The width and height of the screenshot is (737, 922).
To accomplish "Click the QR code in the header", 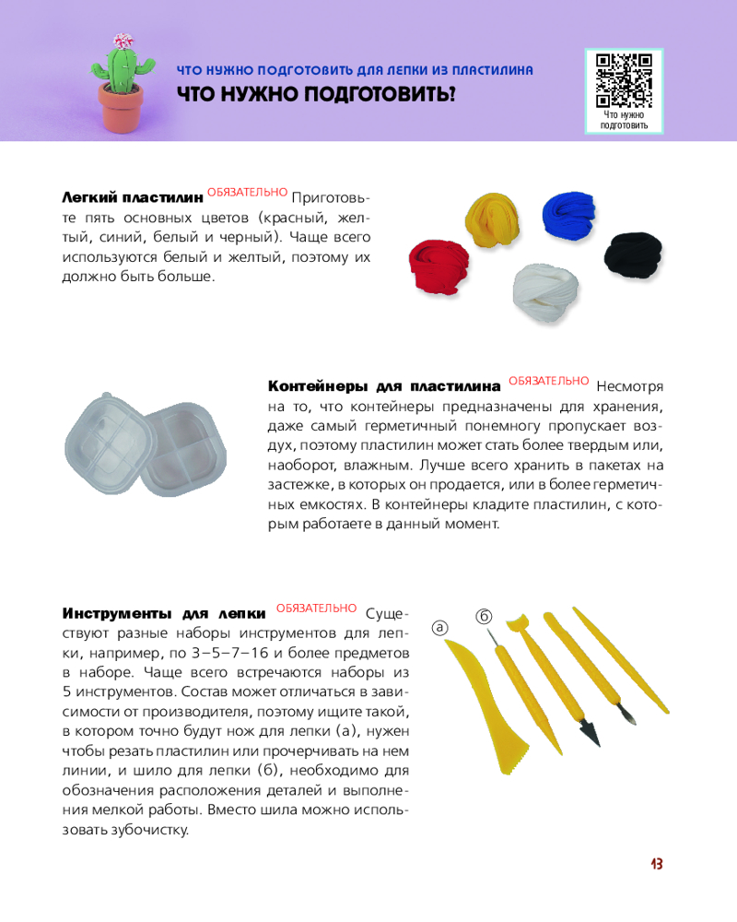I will pos(625,80).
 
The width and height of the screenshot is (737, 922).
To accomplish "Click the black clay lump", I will pos(635,253).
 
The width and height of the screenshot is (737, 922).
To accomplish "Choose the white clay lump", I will pos(546,293).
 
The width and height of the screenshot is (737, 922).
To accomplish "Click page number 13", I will pos(656,864).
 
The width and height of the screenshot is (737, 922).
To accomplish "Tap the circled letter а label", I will pos(440,627).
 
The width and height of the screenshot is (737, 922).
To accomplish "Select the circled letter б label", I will pos(484,615).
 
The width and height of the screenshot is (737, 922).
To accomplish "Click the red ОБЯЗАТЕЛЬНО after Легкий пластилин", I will pos(247,192).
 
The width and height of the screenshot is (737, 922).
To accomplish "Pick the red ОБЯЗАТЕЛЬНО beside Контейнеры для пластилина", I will pos(548,380).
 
